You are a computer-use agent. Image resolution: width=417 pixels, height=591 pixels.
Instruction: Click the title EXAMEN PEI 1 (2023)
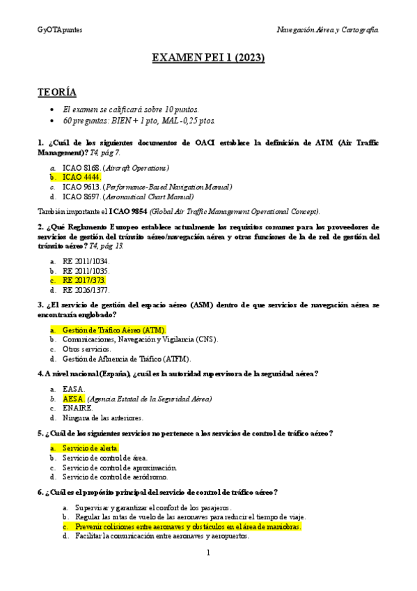coord(208,59)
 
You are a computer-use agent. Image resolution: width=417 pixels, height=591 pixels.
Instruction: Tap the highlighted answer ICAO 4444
coord(81,177)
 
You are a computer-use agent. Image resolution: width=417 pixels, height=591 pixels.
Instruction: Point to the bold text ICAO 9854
coord(128,210)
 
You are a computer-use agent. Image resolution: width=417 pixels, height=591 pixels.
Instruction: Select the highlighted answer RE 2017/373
coord(84,279)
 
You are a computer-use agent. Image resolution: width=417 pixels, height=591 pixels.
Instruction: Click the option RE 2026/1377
coord(86,289)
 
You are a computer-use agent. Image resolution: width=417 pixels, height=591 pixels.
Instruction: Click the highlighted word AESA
coord(72,399)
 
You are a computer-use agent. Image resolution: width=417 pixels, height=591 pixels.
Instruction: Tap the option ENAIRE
coord(77,408)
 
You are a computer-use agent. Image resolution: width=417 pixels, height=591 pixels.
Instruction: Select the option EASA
coord(73,388)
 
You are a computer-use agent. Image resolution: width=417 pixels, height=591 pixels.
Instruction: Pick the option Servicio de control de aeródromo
coord(114,477)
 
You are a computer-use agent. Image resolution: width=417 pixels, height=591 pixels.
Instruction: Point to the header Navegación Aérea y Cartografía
coord(327,31)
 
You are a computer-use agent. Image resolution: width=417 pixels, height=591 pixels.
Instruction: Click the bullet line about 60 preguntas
coord(129,121)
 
